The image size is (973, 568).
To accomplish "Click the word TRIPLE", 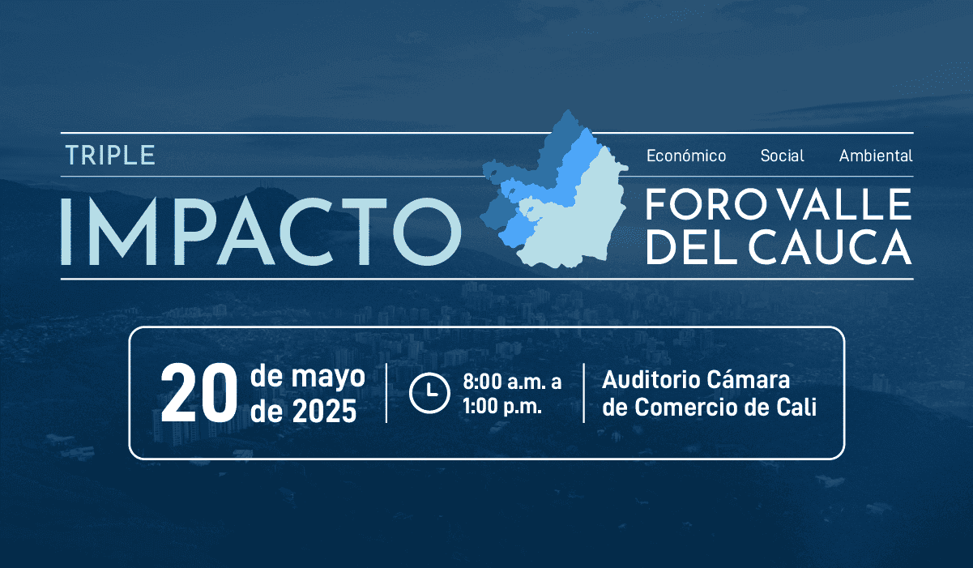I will point(109,155).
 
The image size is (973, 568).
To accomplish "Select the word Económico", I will point(685,156).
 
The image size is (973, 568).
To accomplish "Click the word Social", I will point(782,156).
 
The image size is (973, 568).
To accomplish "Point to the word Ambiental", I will point(875,156).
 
